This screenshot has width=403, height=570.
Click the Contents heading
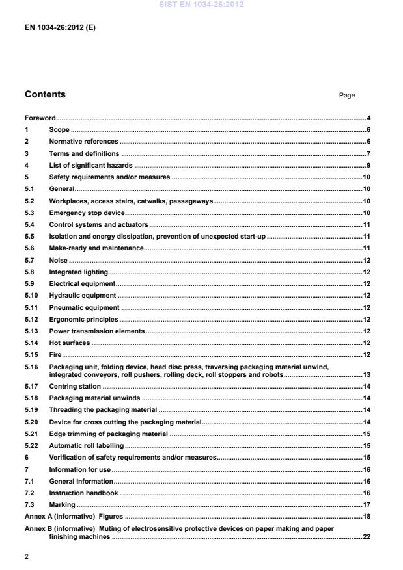coord(45,95)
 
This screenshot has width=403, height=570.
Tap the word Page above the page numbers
coord(347,96)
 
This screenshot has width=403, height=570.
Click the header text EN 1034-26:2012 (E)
coord(60,28)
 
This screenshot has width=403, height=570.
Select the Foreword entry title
coord(40,118)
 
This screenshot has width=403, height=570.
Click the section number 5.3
coord(29,213)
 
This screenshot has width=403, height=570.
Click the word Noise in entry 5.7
coord(59,260)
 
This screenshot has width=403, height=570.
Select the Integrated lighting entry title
coord(79,272)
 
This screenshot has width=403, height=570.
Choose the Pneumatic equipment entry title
coord(84,307)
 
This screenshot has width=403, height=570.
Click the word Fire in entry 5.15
coord(56,354)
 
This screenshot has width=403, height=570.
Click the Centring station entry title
coord(75,387)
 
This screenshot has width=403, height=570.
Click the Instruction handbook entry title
coord(83,493)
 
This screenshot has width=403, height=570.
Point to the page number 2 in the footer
coord(27,556)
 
